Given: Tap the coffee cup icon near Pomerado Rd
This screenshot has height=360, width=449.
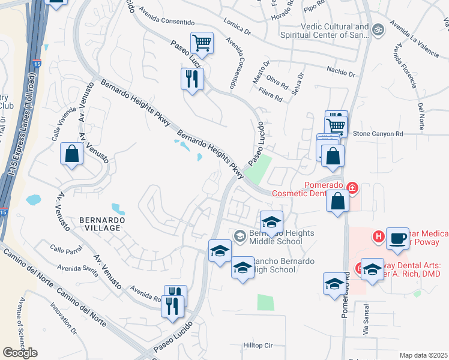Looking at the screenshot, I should pyautogui.click(x=397, y=238).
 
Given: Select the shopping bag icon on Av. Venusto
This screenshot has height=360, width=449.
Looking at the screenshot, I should pyautogui.click(x=71, y=154).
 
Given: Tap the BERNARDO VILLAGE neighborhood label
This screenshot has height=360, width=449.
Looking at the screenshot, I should pyautogui.click(x=102, y=224).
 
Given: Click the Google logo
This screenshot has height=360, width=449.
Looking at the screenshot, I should pyautogui.click(x=20, y=353).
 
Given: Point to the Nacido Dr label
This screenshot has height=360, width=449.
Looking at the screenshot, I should pyautogui.click(x=325, y=70).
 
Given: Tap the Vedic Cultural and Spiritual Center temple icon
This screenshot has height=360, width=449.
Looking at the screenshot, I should pyautogui.click(x=378, y=29).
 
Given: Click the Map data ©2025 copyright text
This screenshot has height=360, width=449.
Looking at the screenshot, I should pyautogui.click(x=424, y=355).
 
